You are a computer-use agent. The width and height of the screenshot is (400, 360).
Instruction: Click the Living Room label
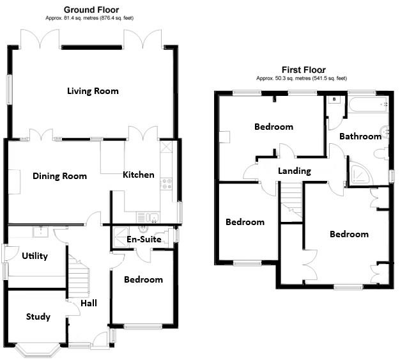pos(93,91)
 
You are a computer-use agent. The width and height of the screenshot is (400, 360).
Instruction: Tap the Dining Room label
pos(59,176)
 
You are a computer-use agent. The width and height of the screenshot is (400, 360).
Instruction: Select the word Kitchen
pos(138,175)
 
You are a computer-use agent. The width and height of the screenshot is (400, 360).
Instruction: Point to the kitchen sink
pos(151,215)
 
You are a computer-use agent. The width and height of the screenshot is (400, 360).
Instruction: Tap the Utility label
pos(35,256)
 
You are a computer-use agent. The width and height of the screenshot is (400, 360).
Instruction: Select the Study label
pos(38,317)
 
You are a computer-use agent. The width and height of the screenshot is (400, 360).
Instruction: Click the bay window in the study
pos(38,349)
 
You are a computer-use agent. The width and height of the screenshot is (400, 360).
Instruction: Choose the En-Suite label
pos(143,239)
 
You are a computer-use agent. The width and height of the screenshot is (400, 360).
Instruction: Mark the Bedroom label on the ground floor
pos(143,279)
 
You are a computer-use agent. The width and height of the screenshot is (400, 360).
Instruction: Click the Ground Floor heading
pos(91,10)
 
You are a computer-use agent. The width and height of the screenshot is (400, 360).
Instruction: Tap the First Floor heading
pos(304,70)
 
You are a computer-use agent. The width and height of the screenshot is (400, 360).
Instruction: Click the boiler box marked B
pos(334,100)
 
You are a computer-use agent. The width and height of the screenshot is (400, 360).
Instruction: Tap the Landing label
pos(295,171)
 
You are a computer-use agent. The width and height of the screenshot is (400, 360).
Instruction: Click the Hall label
pos(89,302)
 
